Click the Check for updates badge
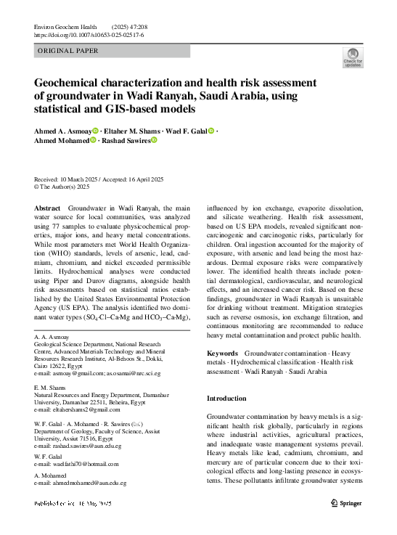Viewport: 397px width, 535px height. pos(353,57)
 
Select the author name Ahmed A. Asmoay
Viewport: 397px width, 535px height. pos(61,131)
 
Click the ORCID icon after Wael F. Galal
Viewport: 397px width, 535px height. pos(211,131)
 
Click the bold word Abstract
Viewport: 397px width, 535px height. pos(47,208)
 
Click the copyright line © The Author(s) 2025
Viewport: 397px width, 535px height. pos(62,187)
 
